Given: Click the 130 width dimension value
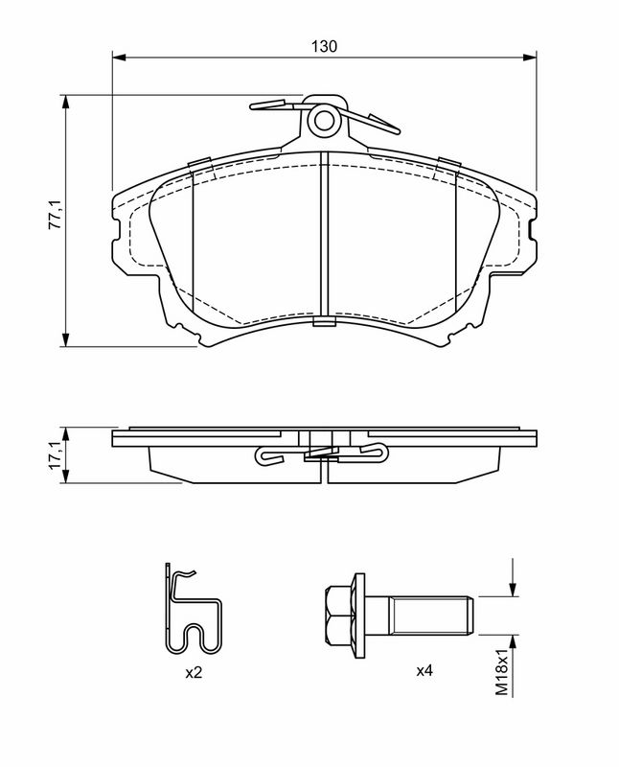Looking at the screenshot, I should tap(326, 46).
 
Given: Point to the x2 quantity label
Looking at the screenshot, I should tap(194, 673).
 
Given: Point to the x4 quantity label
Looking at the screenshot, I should tap(424, 672).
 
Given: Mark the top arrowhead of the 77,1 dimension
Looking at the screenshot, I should tap(67, 103).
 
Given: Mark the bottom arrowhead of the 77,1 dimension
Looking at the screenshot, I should tap(67, 338).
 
